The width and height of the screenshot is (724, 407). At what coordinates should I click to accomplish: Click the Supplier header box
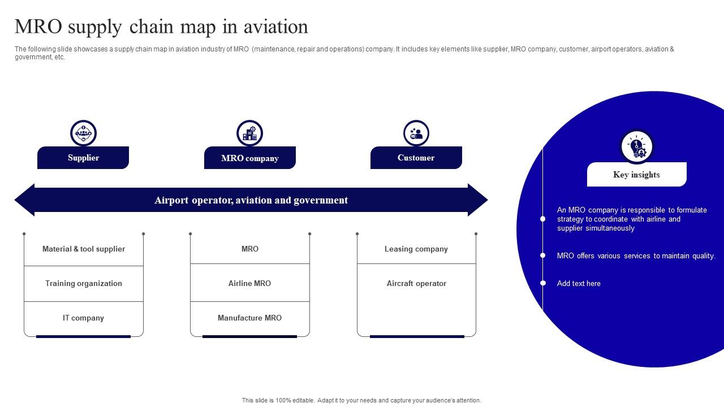(x=83, y=158)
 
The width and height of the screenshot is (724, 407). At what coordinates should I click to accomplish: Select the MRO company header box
(x=249, y=158)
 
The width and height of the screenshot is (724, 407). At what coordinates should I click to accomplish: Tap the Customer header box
(x=416, y=158)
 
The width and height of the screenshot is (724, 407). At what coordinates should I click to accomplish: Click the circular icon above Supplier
(x=83, y=133)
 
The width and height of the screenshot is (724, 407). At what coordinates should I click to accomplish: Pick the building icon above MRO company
(x=249, y=133)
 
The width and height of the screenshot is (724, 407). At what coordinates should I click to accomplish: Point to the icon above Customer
(x=416, y=133)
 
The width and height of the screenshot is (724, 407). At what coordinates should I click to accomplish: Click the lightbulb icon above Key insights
(x=636, y=147)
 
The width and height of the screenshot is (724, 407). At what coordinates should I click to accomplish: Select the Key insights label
(x=636, y=175)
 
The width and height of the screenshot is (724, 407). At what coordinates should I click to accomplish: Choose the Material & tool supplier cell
(x=84, y=249)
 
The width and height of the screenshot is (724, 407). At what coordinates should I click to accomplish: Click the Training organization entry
(x=84, y=283)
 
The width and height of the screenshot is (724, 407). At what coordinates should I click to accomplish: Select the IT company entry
(x=84, y=318)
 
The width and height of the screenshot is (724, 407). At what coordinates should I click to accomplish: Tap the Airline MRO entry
(x=249, y=283)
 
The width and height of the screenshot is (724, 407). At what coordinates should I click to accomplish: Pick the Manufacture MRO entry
(x=249, y=318)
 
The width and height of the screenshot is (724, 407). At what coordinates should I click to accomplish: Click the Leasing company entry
(x=416, y=249)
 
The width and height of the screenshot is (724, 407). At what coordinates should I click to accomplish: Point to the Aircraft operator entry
(x=416, y=283)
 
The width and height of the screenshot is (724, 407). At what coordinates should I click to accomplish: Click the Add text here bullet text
(x=579, y=283)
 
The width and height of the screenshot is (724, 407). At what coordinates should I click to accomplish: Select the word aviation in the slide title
(x=276, y=27)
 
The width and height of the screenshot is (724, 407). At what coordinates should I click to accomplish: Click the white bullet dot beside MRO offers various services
(x=543, y=256)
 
